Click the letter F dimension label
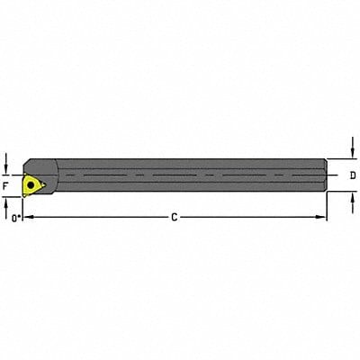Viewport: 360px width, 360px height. pyautogui.click(x=6, y=186)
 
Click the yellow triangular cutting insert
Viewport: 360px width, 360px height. pyautogui.click(x=32, y=184)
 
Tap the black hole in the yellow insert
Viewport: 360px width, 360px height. pyautogui.click(x=32, y=184)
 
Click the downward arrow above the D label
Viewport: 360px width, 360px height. pyautogui.click(x=351, y=152)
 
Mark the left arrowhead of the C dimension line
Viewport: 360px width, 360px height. pyautogui.click(x=26, y=217)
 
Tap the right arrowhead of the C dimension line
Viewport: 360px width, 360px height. pyautogui.click(x=324, y=217)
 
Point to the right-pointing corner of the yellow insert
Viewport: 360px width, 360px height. pyautogui.click(x=43, y=184)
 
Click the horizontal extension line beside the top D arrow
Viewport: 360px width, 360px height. pyautogui.click(x=340, y=160)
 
